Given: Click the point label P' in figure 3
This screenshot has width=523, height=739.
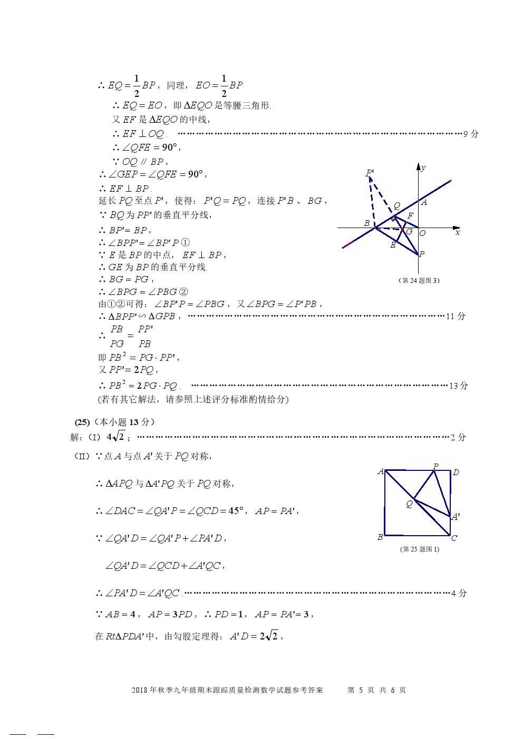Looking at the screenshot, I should (370, 173).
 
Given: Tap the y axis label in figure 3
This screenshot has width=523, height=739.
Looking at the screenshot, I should (423, 168).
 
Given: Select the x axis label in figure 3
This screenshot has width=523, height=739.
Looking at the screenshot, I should (457, 232).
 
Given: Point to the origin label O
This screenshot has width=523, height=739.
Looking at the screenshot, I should (422, 233).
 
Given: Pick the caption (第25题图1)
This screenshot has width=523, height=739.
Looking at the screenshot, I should (419, 549).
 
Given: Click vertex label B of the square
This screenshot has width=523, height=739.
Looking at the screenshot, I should (380, 537).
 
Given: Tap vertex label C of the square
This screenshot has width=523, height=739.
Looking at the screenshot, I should (454, 538).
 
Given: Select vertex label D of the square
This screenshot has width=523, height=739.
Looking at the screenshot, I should (456, 472).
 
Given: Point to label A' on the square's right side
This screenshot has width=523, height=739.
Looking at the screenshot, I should (456, 517).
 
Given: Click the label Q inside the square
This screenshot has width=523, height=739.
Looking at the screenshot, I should (409, 504).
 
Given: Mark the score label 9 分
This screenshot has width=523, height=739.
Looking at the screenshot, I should (471, 134).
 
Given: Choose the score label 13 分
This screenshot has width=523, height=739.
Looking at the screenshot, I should (458, 386).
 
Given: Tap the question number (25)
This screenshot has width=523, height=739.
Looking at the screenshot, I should (82, 422).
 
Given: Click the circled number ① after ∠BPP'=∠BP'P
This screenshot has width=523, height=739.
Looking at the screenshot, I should (185, 243).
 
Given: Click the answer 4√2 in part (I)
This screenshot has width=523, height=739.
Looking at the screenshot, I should (115, 437).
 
